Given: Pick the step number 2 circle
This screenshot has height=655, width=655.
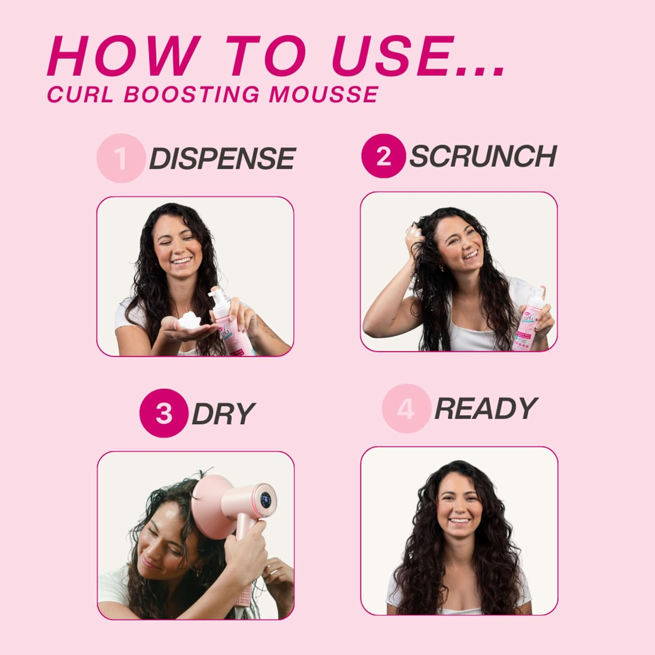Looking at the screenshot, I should [383, 156].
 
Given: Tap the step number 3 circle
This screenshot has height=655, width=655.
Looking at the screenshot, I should [163, 413].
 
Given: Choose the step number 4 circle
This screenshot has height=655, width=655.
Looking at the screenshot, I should [405, 409].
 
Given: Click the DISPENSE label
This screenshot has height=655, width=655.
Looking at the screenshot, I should [222, 158].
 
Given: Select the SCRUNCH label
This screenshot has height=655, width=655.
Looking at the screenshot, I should [483, 156].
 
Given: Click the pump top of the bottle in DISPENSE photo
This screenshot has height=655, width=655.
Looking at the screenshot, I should [217, 297].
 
